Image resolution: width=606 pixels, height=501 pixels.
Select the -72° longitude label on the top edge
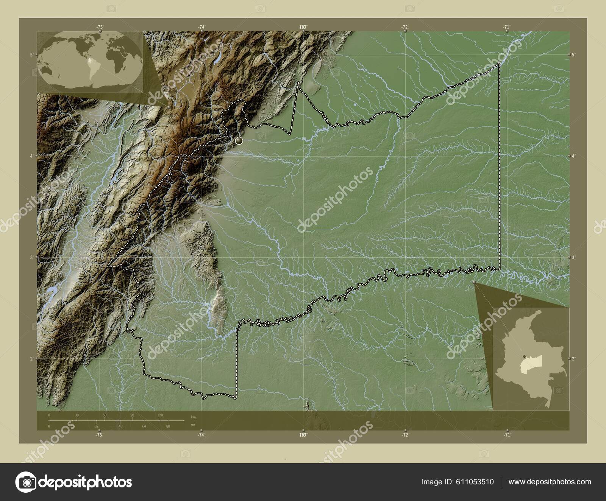coord(405,27)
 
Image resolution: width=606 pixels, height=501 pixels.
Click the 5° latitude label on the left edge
coord(31,54)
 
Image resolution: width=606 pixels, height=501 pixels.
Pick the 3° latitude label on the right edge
coord(574,257)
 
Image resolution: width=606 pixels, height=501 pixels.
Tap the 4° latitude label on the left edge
coord(31,156)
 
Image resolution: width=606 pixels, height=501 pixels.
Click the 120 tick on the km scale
coord(160,415)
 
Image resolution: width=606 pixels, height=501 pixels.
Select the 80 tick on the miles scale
coord(168,426)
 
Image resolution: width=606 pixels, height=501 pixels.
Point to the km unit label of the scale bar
coord(194,417)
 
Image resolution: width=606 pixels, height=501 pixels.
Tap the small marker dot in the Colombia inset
coord(523,357)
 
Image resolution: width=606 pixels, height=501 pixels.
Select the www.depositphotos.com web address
coord(550,482)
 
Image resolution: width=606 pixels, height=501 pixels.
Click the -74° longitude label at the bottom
coord(201,435)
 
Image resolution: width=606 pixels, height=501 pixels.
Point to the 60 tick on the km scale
coord(105,415)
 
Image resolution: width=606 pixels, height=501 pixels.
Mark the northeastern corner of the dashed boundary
coord(499,63)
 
